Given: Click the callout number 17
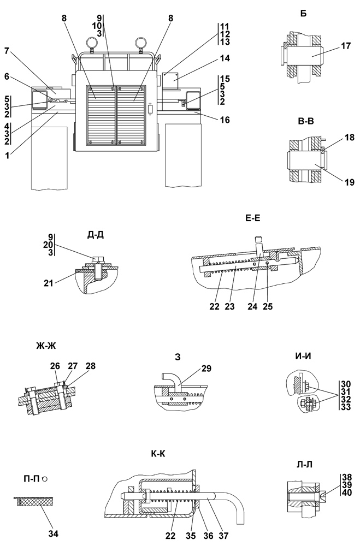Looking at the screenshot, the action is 346,46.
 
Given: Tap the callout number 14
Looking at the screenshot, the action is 225,58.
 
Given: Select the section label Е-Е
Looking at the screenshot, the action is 253,218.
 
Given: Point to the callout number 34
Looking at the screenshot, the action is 54,533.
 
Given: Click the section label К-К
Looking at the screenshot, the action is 158,454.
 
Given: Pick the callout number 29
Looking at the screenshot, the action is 206,369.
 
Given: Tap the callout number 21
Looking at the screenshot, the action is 49,283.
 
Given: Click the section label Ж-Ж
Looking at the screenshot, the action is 46,346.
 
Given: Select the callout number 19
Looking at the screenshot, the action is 350,182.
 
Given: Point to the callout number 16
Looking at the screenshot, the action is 225,120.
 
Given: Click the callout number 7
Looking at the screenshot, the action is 7,51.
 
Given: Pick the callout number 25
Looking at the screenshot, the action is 268,306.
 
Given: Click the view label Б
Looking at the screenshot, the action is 304,14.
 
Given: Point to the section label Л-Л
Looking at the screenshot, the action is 305,465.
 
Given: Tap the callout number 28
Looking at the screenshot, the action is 90,366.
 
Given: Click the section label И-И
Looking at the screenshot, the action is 303,356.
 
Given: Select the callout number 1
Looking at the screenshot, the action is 7,156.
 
